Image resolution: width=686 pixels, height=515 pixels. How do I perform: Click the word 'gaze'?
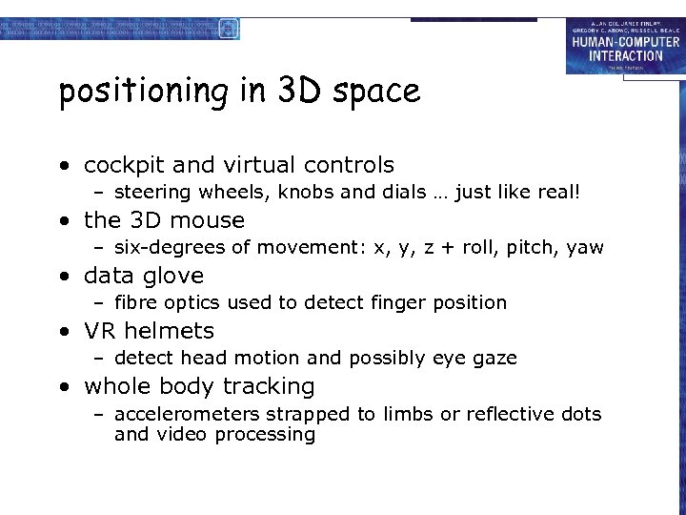494,359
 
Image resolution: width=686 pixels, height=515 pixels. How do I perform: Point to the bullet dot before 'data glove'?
65,277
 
